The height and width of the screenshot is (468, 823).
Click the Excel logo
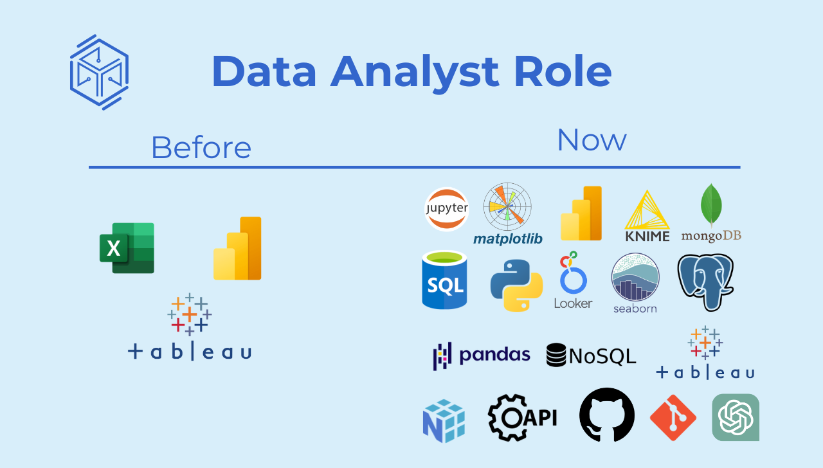pos(127,248)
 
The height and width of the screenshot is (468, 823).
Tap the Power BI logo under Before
pos(237,248)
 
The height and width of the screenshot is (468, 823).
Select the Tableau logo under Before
pos(190,327)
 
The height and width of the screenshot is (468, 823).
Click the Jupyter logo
pos(446,209)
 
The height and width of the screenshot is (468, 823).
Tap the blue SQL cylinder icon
pos(444,280)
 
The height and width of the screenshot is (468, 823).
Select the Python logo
pos(516,285)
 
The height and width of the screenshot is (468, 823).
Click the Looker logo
pos(573,280)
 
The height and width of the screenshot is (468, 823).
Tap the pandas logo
pos(482,355)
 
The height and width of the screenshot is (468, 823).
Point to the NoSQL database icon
pos(556,355)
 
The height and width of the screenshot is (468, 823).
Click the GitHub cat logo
pos(607,415)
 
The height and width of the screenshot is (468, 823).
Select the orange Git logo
pos(673,418)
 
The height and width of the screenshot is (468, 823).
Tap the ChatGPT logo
pos(736,417)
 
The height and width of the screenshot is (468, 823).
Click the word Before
pos(201,148)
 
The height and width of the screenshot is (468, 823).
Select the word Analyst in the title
pos(415,73)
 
